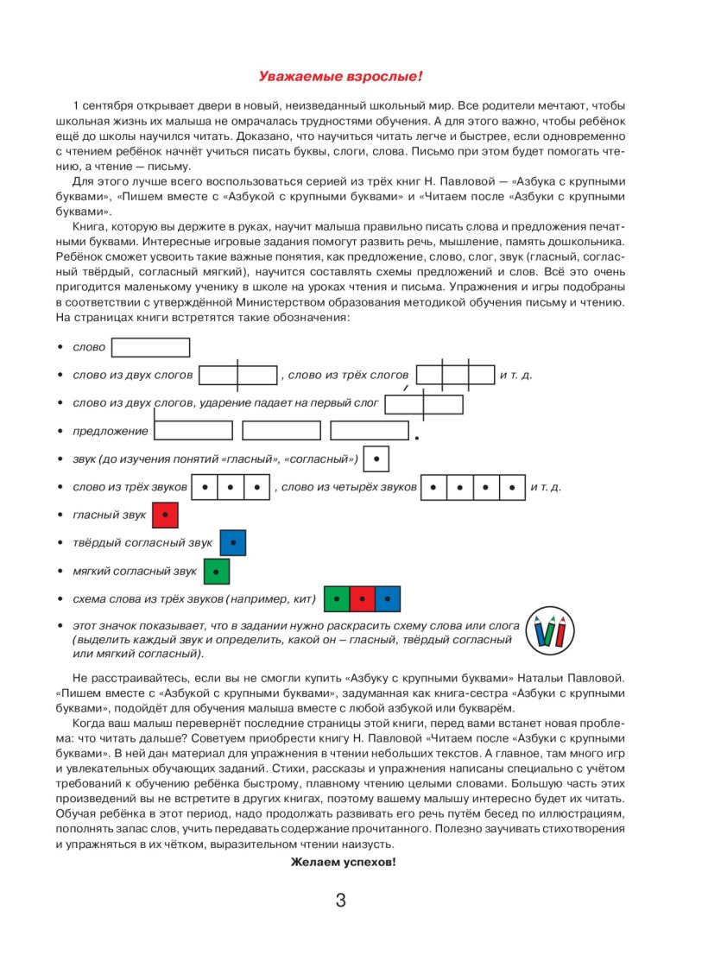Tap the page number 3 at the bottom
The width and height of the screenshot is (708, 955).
click(340, 901)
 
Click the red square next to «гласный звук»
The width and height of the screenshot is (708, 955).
click(165, 515)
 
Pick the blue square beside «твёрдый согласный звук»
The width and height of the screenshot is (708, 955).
click(233, 542)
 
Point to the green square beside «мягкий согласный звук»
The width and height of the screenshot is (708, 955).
click(217, 571)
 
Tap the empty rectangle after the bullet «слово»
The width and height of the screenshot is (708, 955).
click(151, 347)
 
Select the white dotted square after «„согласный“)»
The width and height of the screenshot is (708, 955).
click(376, 459)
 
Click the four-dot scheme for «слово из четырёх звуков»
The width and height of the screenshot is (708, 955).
click(473, 487)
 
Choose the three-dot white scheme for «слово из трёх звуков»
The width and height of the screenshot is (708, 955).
click(231, 487)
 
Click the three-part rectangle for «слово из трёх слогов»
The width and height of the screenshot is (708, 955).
click(455, 375)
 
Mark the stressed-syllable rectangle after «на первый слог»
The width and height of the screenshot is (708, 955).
click(424, 404)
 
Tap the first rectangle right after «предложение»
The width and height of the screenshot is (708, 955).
click(193, 430)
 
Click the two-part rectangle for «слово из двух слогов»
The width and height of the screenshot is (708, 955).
click(237, 375)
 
